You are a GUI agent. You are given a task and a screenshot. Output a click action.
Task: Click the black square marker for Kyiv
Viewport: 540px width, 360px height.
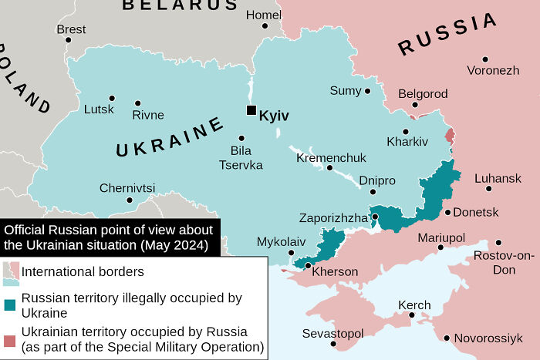[251, 110]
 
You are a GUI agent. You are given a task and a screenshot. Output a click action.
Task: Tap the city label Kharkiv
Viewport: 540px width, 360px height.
[407, 142]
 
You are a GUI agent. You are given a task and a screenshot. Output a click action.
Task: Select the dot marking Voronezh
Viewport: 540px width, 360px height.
[485, 59]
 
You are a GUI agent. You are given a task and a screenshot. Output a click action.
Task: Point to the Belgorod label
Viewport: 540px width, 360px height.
[423, 93]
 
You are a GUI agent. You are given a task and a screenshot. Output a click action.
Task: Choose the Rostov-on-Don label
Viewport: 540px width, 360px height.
[504, 262]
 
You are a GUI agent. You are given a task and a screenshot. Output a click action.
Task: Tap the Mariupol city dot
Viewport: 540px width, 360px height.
[440, 247]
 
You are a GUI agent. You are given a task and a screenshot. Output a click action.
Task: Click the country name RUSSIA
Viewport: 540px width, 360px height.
[447, 35]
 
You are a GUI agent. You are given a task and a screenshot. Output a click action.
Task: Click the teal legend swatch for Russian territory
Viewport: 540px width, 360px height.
[10, 304]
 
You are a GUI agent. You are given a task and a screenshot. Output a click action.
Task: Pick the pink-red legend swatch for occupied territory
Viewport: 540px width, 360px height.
[10, 340]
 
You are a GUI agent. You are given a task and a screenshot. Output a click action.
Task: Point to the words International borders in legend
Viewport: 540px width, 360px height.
[83, 271]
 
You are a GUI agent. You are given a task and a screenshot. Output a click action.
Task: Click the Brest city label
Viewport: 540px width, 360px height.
[71, 29]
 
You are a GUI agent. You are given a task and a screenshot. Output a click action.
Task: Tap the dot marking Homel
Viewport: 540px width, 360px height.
[265, 25]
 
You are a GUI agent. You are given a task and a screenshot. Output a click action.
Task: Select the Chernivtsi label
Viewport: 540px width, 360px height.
[127, 188]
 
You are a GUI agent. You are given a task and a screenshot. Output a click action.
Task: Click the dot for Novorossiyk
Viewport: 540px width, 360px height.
[447, 338]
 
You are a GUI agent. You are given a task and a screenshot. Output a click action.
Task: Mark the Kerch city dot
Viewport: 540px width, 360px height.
[413, 315]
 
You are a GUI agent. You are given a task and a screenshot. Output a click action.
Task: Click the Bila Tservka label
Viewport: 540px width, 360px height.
[241, 157]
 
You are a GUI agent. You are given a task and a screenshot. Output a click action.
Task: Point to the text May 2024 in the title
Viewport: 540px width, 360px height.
[174, 245]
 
